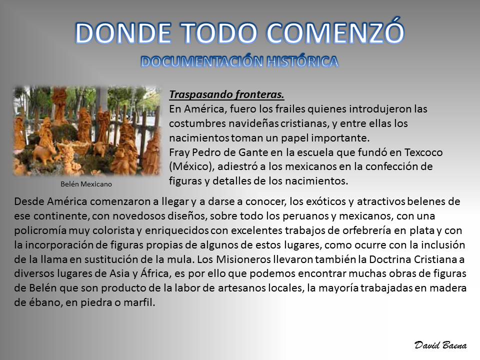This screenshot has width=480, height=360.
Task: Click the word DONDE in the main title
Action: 123,33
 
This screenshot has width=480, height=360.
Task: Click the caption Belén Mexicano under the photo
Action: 86,184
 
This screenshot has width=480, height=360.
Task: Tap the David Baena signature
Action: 440,345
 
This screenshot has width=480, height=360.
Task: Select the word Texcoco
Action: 423,152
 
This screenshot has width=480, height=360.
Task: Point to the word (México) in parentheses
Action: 191,166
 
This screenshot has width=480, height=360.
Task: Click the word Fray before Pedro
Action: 179,153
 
